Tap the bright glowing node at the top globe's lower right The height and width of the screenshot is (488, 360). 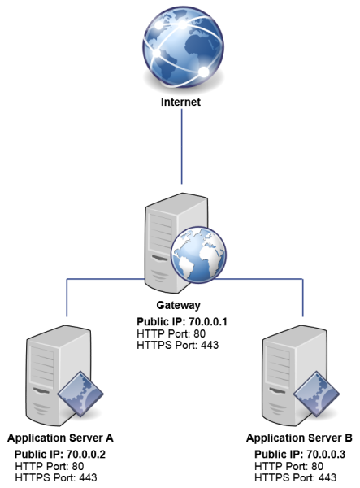click(x=204, y=72)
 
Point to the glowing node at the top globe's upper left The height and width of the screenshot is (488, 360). click(x=152, y=26)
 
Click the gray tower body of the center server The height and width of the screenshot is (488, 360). click(x=163, y=244)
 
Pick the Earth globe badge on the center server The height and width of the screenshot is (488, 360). click(x=197, y=255)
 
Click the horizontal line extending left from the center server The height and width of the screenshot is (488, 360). click(x=106, y=280)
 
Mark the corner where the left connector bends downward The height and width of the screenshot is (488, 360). click(x=67, y=280)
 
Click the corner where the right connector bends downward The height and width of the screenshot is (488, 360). click(x=303, y=280)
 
